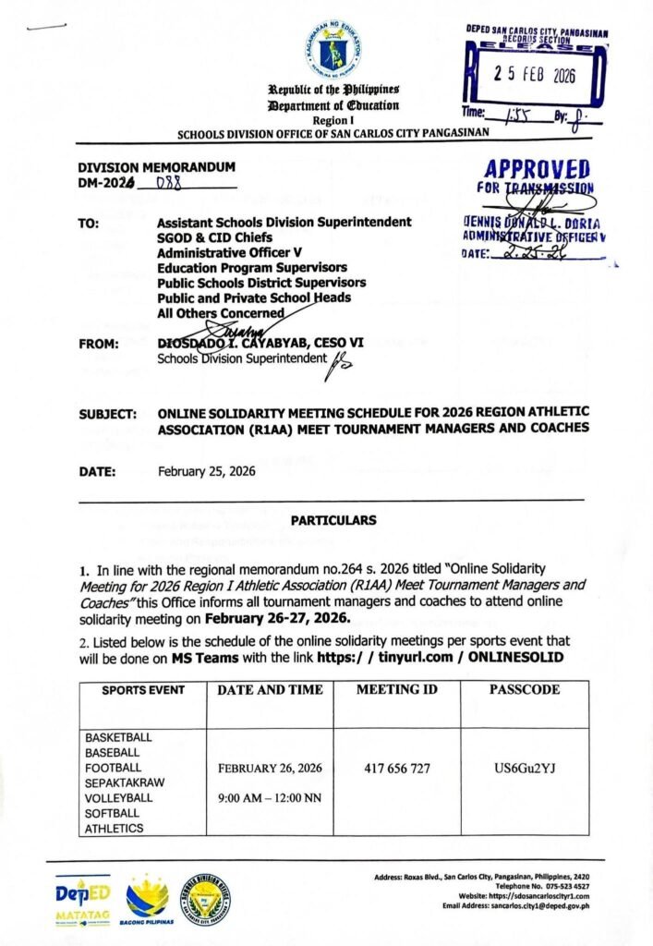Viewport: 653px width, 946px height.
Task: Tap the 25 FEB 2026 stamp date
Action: point(533,77)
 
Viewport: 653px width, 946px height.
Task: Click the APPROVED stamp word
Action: point(537,170)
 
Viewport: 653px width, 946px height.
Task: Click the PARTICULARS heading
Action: point(333,520)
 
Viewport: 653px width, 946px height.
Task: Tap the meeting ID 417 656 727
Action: point(397,769)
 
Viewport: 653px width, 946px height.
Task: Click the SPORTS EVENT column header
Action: point(143,690)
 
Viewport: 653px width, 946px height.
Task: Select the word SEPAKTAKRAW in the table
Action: point(125,782)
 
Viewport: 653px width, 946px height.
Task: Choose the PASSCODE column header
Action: point(524,689)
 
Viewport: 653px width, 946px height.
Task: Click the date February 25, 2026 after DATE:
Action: point(207,471)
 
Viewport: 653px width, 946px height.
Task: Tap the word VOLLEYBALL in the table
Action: point(119,797)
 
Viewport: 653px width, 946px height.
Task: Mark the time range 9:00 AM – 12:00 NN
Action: point(270,798)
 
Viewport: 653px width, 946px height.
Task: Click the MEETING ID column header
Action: point(397,689)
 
